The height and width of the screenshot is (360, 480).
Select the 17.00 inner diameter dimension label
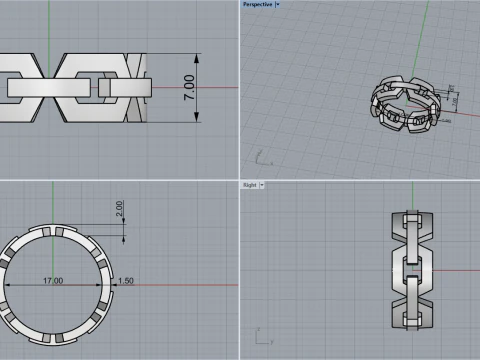53,281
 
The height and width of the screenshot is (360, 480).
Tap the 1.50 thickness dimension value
125,281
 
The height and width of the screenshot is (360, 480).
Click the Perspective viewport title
257,4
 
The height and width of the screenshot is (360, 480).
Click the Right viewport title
251,185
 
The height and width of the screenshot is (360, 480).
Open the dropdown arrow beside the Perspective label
277,4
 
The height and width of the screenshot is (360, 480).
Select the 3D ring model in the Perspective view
407,104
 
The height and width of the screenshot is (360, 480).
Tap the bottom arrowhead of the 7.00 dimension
197,119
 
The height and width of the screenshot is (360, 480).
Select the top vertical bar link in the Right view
409,232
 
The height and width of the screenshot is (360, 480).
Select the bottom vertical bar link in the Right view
409,304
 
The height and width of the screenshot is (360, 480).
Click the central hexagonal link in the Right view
409,268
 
